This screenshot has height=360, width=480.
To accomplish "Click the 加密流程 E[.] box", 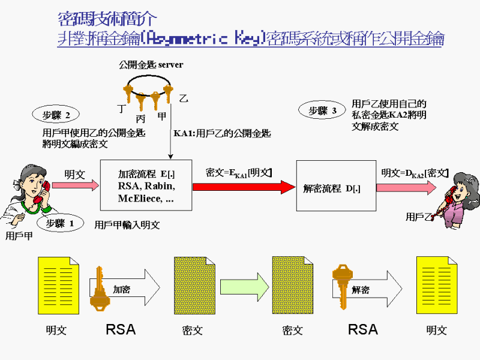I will (x=146, y=185).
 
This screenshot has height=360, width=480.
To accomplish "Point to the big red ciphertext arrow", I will (x=240, y=187).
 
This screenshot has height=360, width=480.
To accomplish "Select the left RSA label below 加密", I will (x=121, y=329).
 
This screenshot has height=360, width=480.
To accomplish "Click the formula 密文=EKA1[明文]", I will (x=239, y=173).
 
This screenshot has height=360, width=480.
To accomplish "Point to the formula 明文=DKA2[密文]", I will (x=415, y=173).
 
